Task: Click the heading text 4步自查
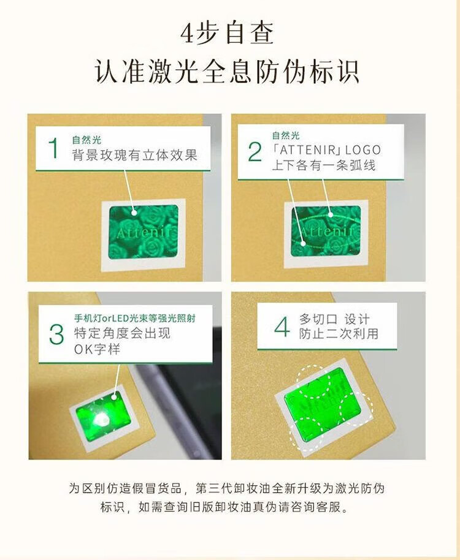(227, 33)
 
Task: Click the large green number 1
(53, 148)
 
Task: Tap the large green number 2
(255, 152)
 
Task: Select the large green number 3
(56, 335)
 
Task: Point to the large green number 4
(282, 327)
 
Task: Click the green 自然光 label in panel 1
(86, 140)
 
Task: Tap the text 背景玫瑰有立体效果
(135, 156)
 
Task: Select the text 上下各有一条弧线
(324, 165)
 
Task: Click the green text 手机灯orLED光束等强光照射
(135, 318)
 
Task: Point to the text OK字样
(97, 349)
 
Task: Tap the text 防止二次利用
(339, 334)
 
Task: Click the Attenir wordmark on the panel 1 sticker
(147, 232)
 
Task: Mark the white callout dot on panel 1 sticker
(134, 213)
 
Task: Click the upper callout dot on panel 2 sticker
(331, 215)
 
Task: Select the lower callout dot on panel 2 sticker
(304, 244)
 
